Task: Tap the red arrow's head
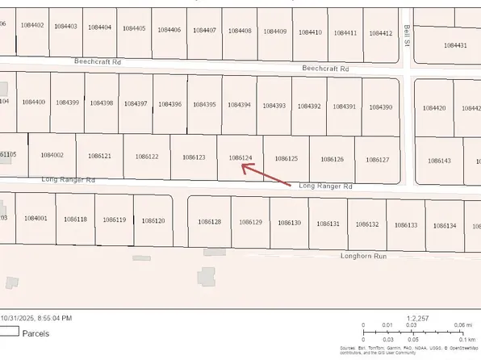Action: pos(245,167)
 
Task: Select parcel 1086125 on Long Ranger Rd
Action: pos(287,159)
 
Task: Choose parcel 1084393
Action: pos(274,106)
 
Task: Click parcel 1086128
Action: pos(209,221)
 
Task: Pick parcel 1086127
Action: pos(377,160)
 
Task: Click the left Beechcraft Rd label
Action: pos(96,61)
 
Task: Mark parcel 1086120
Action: pos(153,220)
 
